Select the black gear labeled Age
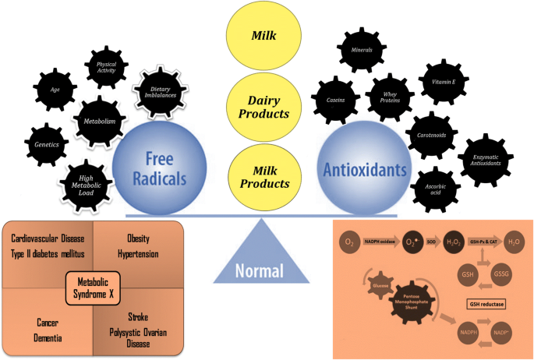[55, 90]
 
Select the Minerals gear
[360, 50]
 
